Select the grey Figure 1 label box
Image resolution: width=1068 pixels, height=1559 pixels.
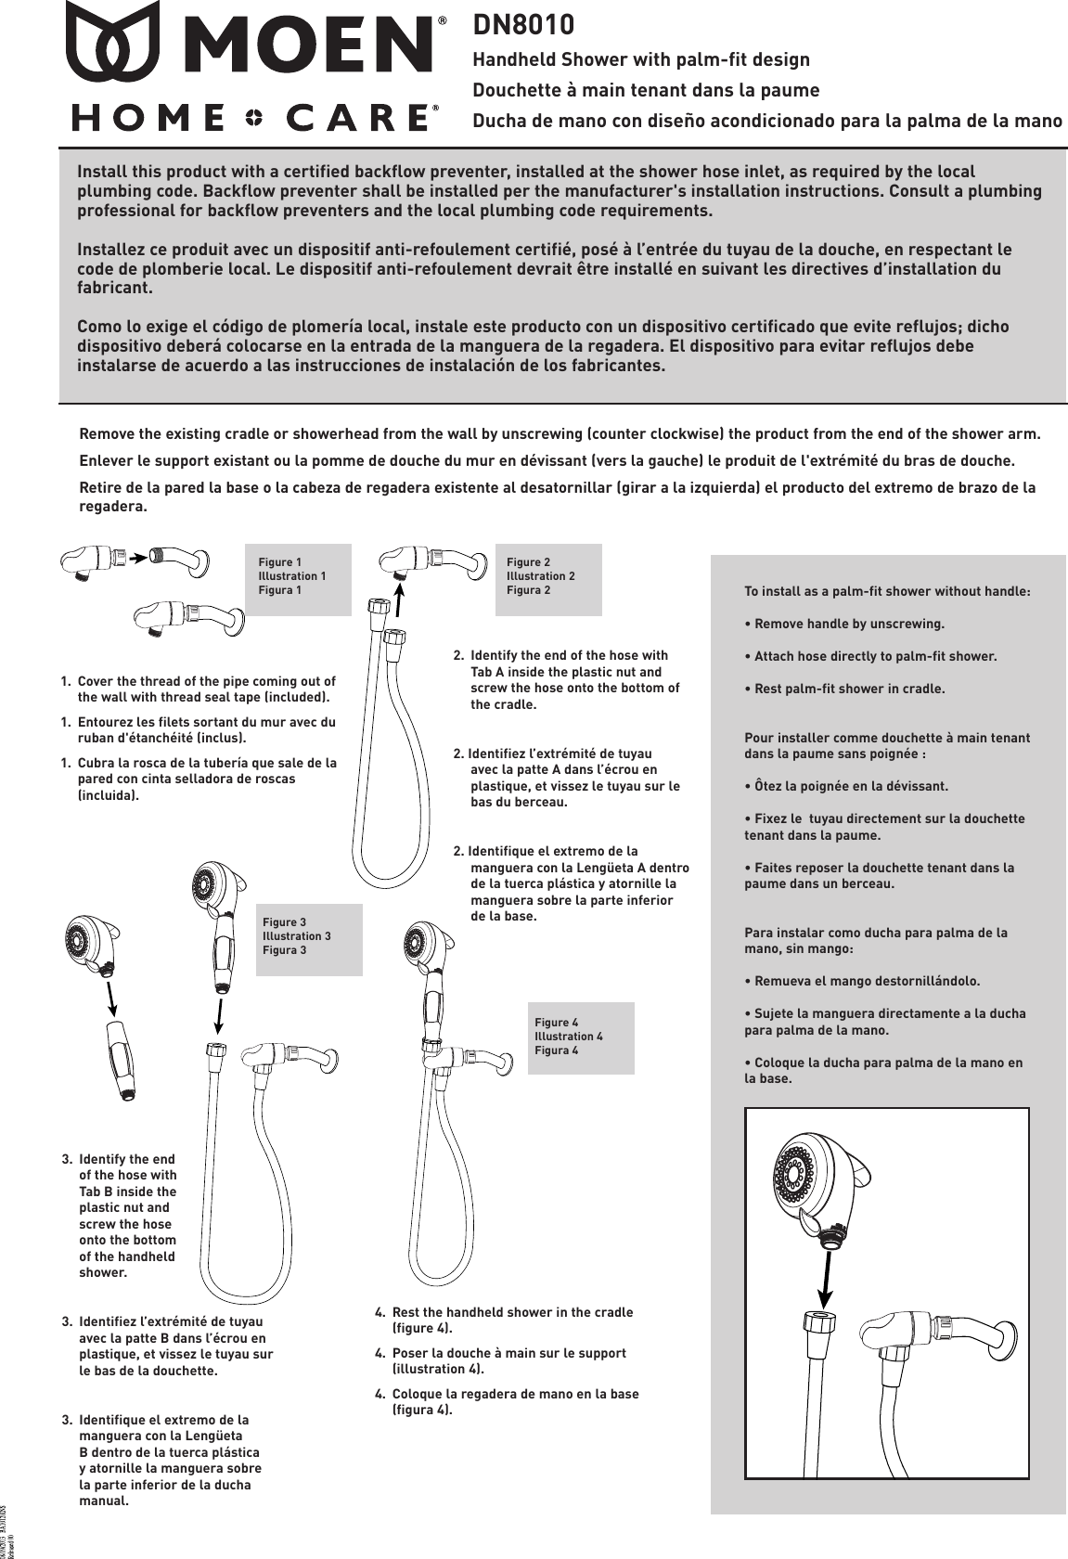click(x=298, y=579)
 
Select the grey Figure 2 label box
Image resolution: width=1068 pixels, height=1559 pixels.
click(x=547, y=579)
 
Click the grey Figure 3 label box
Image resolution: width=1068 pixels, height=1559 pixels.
click(x=308, y=939)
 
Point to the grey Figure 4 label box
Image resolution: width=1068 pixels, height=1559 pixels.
click(x=580, y=1037)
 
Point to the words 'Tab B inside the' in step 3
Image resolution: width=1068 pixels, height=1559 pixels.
click(x=127, y=1192)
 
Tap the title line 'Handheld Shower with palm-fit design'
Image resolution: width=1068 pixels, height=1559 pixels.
click(x=641, y=60)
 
